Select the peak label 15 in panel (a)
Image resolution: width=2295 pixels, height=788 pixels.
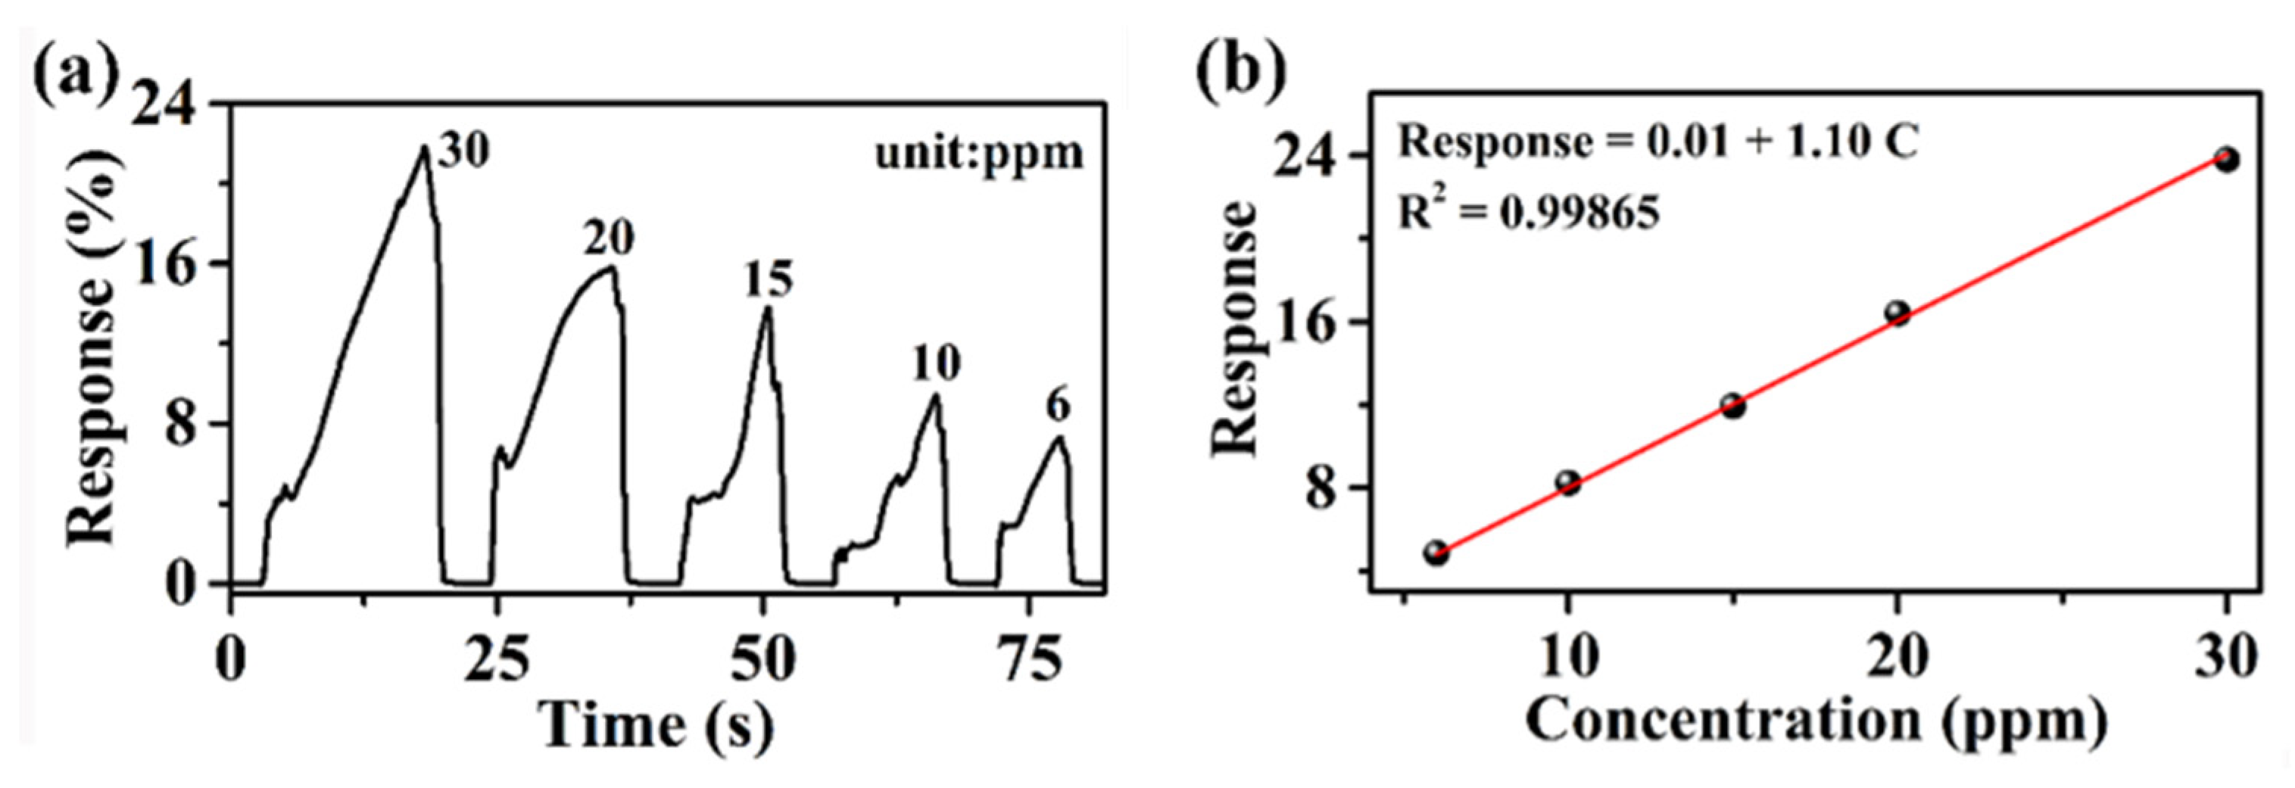767,281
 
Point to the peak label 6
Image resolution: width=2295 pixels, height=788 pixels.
1058,408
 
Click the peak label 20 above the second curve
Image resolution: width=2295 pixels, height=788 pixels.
610,238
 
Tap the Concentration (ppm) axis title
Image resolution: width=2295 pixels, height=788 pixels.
1816,721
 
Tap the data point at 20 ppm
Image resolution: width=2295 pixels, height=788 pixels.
1897,313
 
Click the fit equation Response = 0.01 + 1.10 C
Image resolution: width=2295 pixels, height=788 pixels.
1657,142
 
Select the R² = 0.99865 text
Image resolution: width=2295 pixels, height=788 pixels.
1529,213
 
